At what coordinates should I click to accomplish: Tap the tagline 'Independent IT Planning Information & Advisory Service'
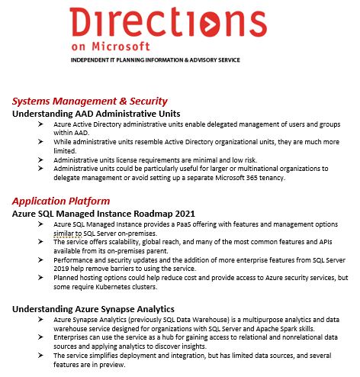point(156,59)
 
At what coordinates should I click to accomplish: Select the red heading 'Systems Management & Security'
point(90,101)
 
